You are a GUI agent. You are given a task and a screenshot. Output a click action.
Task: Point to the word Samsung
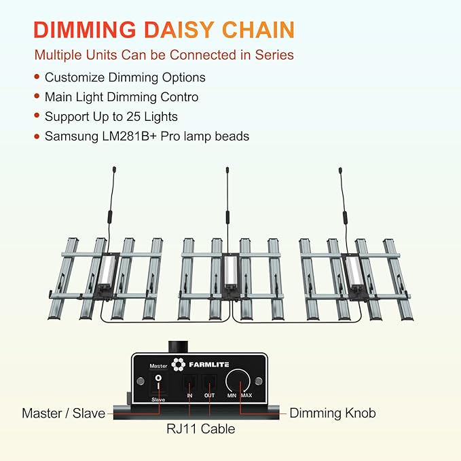click(x=72, y=136)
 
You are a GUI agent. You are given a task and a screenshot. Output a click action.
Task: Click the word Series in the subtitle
click(x=274, y=55)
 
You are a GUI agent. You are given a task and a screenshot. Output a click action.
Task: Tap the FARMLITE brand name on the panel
click(x=208, y=365)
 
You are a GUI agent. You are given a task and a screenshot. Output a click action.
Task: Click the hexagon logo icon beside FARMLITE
click(x=179, y=365)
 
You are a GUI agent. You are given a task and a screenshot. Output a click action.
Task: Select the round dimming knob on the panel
click(x=238, y=382)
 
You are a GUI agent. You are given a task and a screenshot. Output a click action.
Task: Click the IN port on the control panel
click(x=189, y=383)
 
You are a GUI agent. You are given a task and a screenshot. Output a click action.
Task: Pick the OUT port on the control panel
click(x=209, y=383)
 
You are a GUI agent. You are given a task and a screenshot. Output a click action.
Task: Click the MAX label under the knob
click(x=246, y=395)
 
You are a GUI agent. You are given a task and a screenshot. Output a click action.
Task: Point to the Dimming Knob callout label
click(x=333, y=413)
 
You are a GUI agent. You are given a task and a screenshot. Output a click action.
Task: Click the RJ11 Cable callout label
click(x=201, y=429)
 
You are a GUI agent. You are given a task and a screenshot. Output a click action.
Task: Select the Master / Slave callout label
click(x=64, y=413)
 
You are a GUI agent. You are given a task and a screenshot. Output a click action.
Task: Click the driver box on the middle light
click(x=231, y=273)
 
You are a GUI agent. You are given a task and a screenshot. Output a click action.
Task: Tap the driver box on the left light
click(x=106, y=273)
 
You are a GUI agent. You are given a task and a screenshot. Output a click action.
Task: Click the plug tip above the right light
click(x=340, y=170)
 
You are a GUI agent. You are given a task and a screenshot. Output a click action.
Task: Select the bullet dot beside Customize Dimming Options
click(x=37, y=77)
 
